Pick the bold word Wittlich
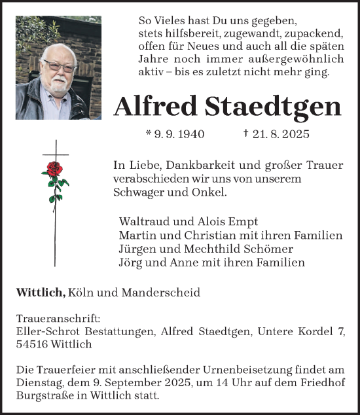(40, 293)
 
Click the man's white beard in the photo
(59, 83)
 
